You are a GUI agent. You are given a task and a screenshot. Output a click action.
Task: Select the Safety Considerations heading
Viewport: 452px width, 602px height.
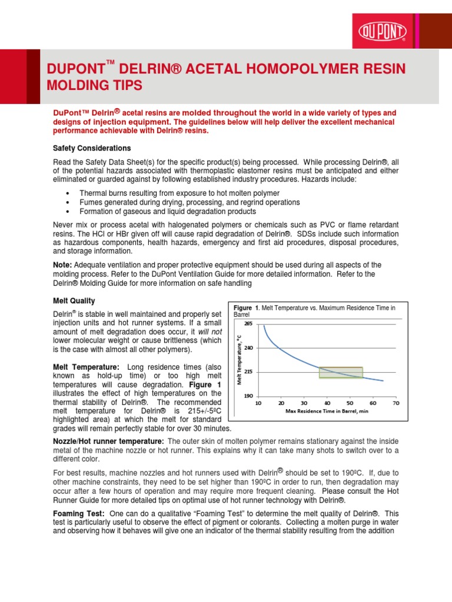pos(92,148)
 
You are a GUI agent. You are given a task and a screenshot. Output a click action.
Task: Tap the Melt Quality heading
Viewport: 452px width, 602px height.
pos(74,301)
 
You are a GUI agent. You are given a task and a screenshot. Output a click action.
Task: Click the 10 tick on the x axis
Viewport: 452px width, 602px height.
pos(258,403)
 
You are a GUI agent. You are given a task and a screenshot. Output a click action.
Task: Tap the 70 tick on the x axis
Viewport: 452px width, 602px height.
pos(395,403)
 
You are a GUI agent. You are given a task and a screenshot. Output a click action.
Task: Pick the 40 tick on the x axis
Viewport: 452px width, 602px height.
pos(327,403)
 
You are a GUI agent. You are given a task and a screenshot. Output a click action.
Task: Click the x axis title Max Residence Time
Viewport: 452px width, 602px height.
pos(327,412)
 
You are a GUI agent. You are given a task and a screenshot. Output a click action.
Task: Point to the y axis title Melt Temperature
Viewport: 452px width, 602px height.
pos(240,359)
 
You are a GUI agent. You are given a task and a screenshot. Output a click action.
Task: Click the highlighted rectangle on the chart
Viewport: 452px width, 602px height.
pos(341,372)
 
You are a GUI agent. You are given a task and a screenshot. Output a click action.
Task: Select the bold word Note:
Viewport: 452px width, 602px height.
pos(63,265)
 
